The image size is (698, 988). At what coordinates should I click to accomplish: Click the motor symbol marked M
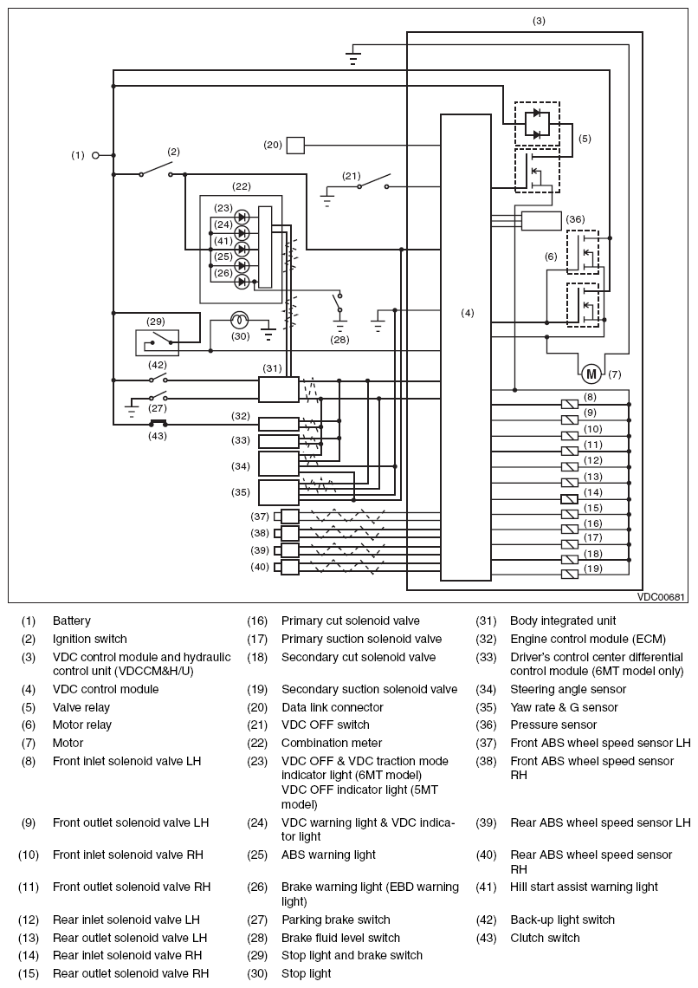point(591,374)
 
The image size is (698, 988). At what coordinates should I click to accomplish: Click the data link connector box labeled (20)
point(295,146)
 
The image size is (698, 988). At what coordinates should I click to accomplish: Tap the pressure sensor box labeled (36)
point(541,221)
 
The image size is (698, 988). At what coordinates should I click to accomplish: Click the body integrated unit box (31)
point(279,389)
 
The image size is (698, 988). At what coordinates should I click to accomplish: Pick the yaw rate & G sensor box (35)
point(279,492)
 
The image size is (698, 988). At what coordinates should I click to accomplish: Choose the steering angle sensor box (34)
point(279,464)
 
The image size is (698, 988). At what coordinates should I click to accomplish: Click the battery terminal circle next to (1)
point(95,155)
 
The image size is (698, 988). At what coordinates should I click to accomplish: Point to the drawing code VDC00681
point(661,597)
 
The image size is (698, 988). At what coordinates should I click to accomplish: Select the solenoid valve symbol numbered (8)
point(569,404)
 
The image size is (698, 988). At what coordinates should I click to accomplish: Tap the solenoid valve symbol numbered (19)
point(569,574)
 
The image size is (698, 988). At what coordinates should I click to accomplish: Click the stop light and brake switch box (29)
point(158,343)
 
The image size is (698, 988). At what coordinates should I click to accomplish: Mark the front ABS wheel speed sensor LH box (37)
point(289,517)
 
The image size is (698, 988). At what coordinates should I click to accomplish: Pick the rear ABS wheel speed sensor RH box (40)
point(289,567)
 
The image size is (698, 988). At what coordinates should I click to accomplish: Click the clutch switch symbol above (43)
point(158,424)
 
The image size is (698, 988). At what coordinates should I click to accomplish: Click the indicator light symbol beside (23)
point(242,218)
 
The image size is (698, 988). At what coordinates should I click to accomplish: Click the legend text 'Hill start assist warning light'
point(584,887)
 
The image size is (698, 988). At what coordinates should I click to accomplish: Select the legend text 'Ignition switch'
point(89,639)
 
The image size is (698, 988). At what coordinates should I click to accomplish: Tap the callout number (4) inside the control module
point(467,313)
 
